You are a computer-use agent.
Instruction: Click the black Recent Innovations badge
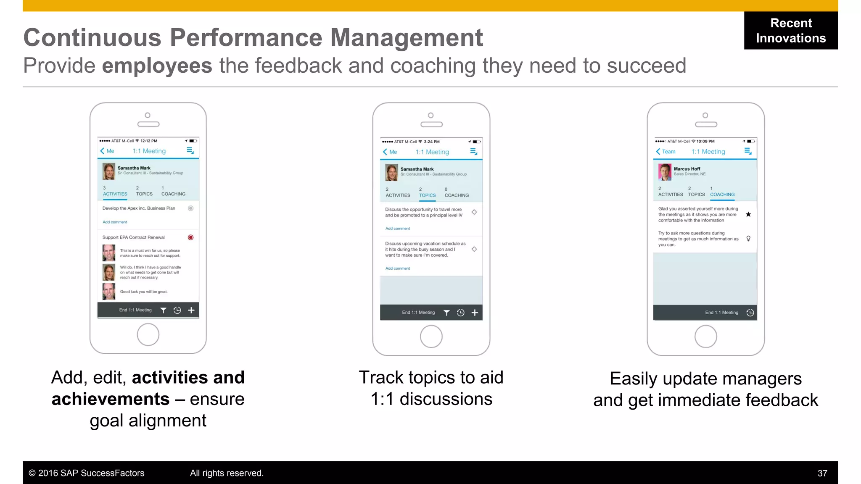(790, 30)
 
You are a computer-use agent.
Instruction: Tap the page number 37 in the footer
(822, 473)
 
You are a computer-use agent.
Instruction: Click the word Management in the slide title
(407, 38)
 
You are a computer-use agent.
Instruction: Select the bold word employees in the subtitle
(157, 66)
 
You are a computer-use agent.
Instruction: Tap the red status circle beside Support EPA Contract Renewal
(190, 237)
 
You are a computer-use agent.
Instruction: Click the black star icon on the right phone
(748, 214)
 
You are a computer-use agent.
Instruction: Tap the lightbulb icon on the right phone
(748, 239)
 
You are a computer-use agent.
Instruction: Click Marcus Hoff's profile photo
(665, 172)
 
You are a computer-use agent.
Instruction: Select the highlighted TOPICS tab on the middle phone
(427, 195)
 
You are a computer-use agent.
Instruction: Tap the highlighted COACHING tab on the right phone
(722, 195)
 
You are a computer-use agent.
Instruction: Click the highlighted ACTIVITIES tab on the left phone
(115, 194)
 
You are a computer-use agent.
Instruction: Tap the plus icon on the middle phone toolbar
(475, 313)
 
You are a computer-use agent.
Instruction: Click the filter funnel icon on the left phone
(163, 310)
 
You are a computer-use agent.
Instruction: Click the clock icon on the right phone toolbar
(750, 313)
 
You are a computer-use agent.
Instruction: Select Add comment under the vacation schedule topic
(397, 268)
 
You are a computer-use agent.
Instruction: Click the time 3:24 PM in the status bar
(432, 142)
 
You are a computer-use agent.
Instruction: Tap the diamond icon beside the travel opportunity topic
(474, 212)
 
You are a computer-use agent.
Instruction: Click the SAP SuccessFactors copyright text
(87, 473)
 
